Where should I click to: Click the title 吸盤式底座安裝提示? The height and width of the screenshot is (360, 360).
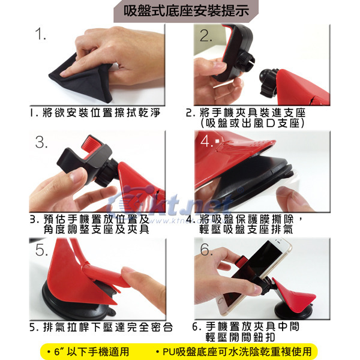tap(186, 11)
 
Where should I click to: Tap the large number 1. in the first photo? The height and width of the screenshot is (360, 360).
tap(40, 34)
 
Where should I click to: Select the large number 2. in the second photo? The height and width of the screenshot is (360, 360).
tap(205, 35)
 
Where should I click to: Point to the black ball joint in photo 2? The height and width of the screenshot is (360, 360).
tap(266, 76)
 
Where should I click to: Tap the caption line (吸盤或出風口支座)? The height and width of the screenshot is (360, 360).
tap(253, 123)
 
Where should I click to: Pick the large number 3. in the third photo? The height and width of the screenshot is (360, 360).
tap(41, 142)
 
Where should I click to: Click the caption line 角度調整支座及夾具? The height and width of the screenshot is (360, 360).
tap(97, 229)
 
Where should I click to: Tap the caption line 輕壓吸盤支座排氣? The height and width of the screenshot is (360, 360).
tap(246, 229)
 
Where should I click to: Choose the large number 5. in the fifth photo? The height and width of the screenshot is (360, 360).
tap(41, 250)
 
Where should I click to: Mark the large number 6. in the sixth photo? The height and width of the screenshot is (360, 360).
tap(206, 250)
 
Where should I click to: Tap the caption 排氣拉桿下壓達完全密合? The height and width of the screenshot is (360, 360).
tap(107, 327)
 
